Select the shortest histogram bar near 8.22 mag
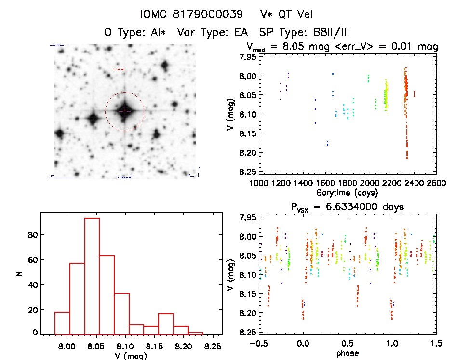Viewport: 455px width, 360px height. (x=196, y=333)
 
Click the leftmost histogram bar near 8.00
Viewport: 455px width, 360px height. (x=62, y=323)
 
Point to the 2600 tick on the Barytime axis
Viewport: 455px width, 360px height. (x=436, y=184)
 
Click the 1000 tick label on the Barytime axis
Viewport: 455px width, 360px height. (x=259, y=184)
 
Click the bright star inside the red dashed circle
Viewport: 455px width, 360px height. (x=124, y=111)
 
